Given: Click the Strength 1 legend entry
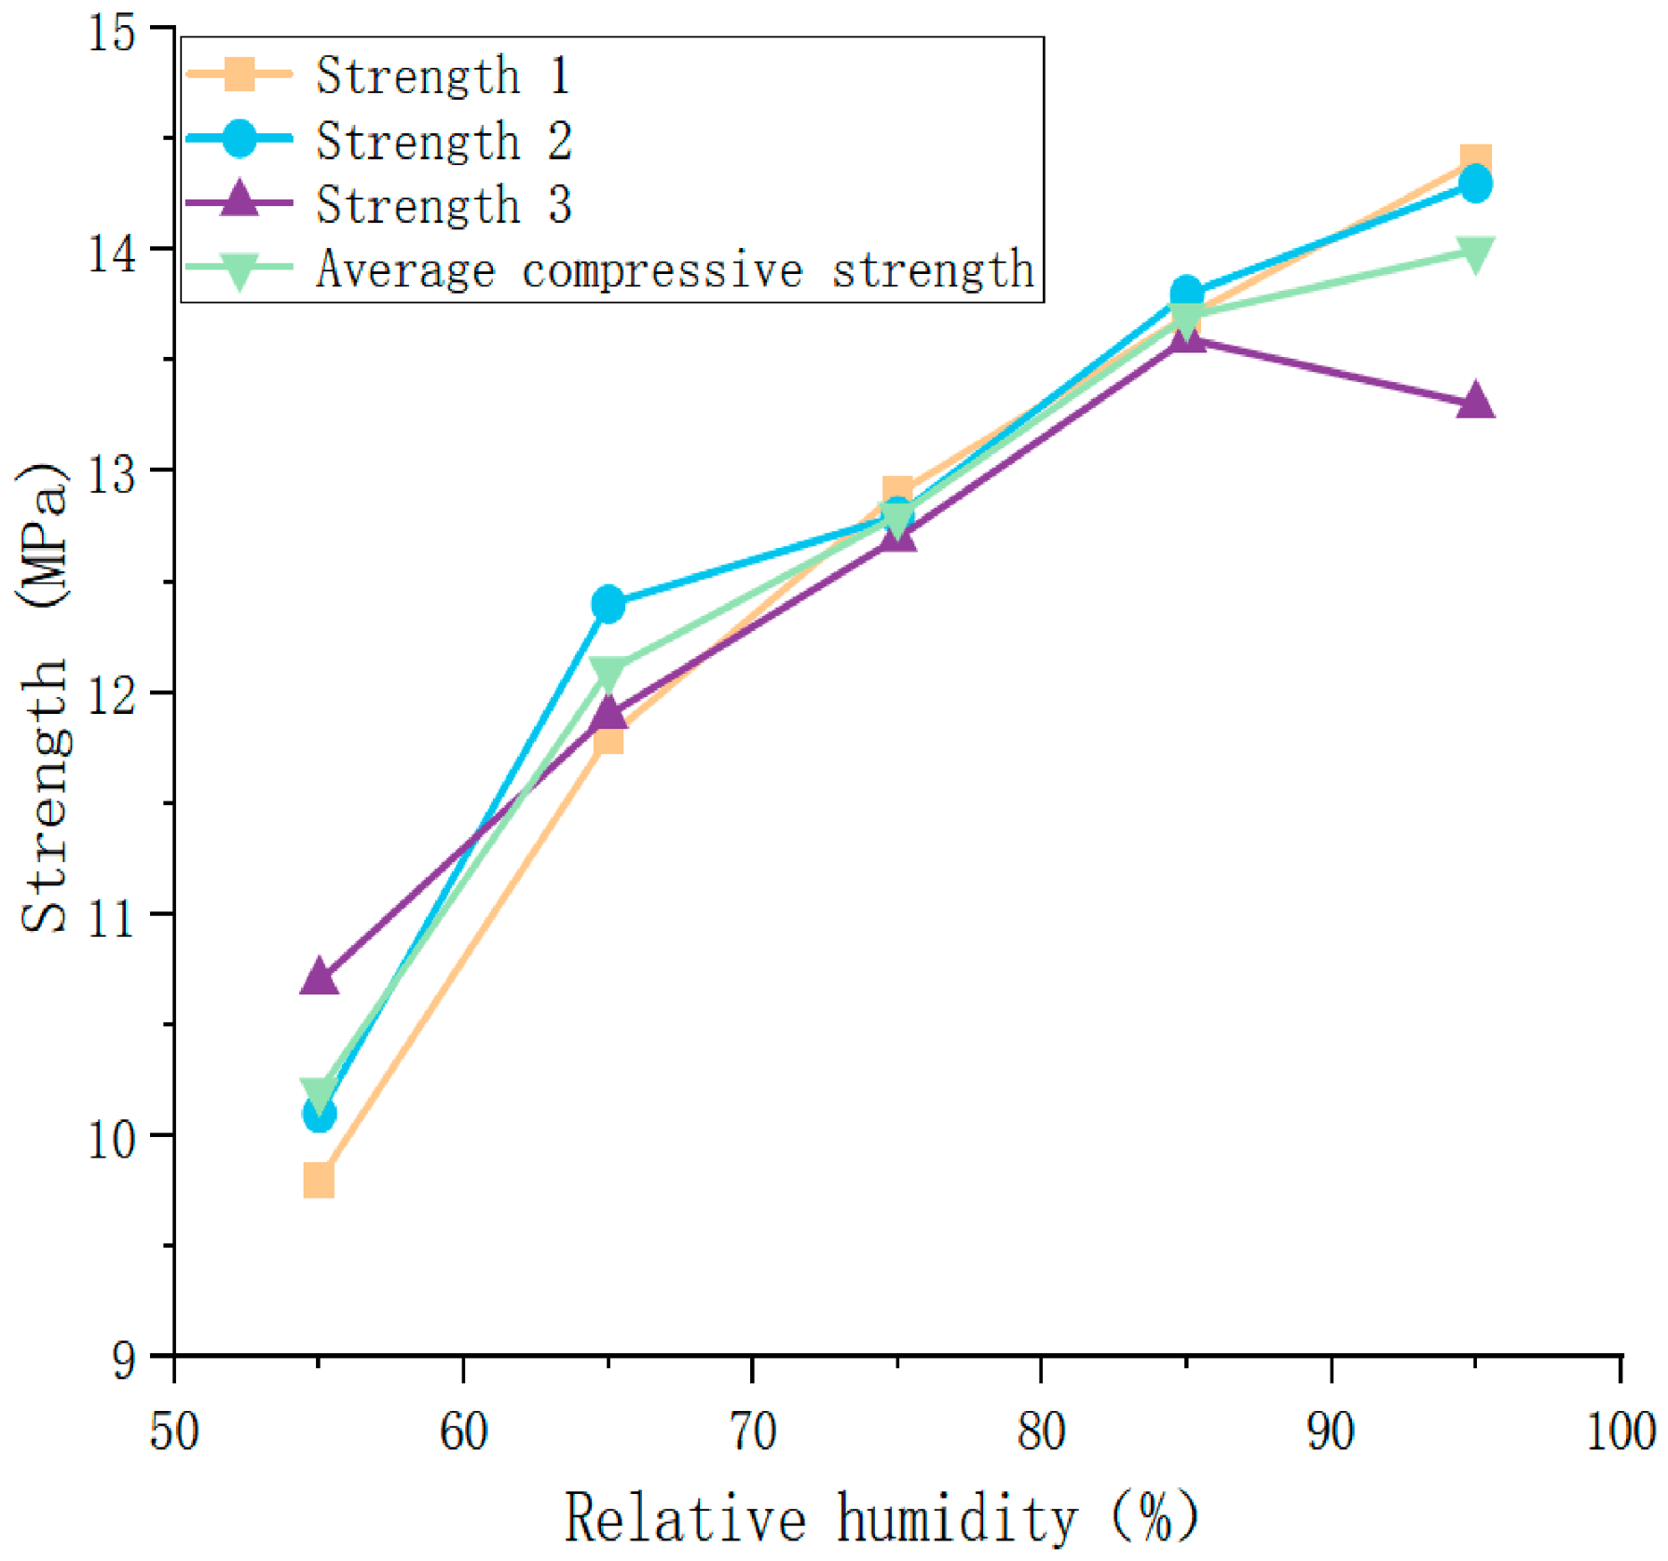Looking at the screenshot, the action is pyautogui.click(x=377, y=75).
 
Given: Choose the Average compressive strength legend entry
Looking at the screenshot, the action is pyautogui.click(x=610, y=269).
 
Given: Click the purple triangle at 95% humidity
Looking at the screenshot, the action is pyautogui.click(x=1475, y=401).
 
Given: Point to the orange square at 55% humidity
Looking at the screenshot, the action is pyautogui.click(x=319, y=1181).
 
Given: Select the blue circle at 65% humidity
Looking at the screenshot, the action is pyautogui.click(x=608, y=604).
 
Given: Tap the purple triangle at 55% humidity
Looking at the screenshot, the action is pyautogui.click(x=319, y=977).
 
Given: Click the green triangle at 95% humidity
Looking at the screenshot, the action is pyautogui.click(x=1475, y=253).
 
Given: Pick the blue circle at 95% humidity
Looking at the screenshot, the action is pyautogui.click(x=1475, y=184).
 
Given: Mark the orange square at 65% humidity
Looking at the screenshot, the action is pyautogui.click(x=608, y=737).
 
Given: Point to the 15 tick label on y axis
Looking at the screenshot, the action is pyautogui.click(x=113, y=33).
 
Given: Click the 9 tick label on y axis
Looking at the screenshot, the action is pyautogui.click(x=125, y=1360).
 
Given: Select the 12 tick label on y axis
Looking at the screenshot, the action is pyautogui.click(x=113, y=695).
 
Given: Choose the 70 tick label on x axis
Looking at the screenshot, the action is pyautogui.click(x=753, y=1431).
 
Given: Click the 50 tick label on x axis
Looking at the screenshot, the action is pyautogui.click(x=175, y=1431).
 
